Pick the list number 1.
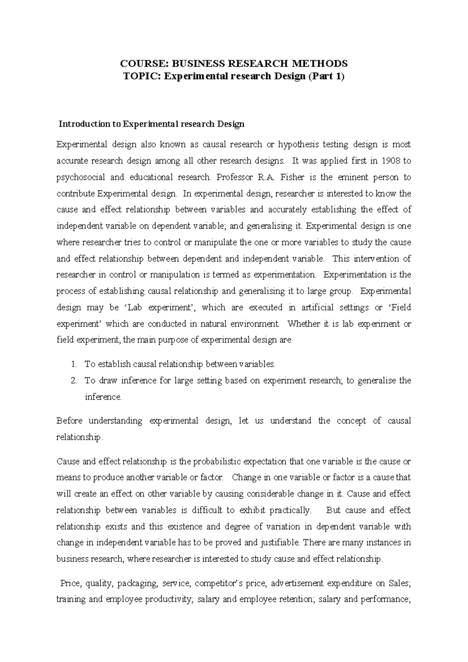click(74, 364)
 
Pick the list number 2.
click(74, 381)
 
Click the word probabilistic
click(216, 461)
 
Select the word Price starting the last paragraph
click(70, 584)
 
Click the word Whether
click(303, 324)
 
